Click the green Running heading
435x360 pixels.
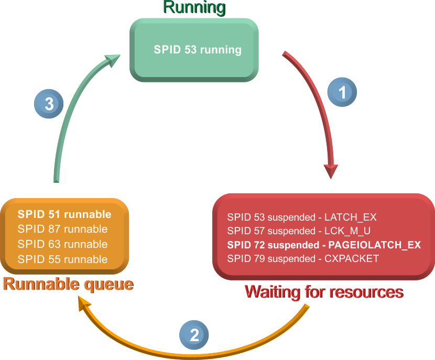(x=194, y=8)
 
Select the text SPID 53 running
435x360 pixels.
(x=198, y=50)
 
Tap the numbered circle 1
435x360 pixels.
(x=342, y=93)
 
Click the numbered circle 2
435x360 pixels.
(x=194, y=335)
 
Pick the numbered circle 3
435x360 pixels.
(x=49, y=103)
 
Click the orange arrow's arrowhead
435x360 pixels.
(x=84, y=304)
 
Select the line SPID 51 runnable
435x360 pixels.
(x=64, y=214)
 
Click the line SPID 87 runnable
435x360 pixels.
(x=62, y=229)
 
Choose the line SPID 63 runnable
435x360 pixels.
(x=62, y=244)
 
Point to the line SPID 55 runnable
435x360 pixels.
(x=62, y=259)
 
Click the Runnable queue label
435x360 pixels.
(x=68, y=285)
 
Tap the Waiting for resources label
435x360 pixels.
(x=324, y=292)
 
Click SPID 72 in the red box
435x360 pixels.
(x=245, y=245)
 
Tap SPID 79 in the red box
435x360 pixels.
(x=245, y=258)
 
